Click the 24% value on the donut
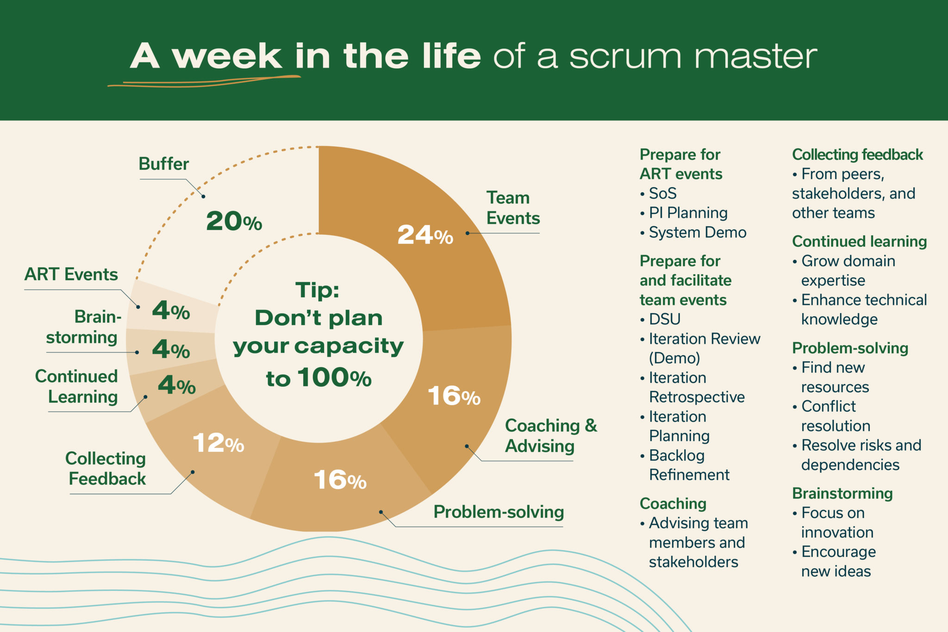[x=425, y=235]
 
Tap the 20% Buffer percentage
[x=234, y=221]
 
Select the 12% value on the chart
[x=218, y=444]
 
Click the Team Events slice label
[x=512, y=208]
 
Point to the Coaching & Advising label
[x=550, y=436]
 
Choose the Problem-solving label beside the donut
[x=499, y=512]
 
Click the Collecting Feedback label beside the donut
[x=106, y=469]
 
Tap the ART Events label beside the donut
[x=71, y=275]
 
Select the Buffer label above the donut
[x=163, y=164]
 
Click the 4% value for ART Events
[x=171, y=311]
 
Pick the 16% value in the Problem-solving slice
[x=340, y=480]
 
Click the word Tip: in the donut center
[x=318, y=291]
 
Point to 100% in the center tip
[x=334, y=378]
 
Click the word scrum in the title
[x=625, y=56]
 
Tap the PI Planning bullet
[x=688, y=213]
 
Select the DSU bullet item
[x=664, y=319]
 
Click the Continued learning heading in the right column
[x=859, y=242]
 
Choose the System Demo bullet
[x=697, y=232]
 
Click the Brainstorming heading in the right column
[x=842, y=494]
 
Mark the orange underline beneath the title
[x=204, y=81]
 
